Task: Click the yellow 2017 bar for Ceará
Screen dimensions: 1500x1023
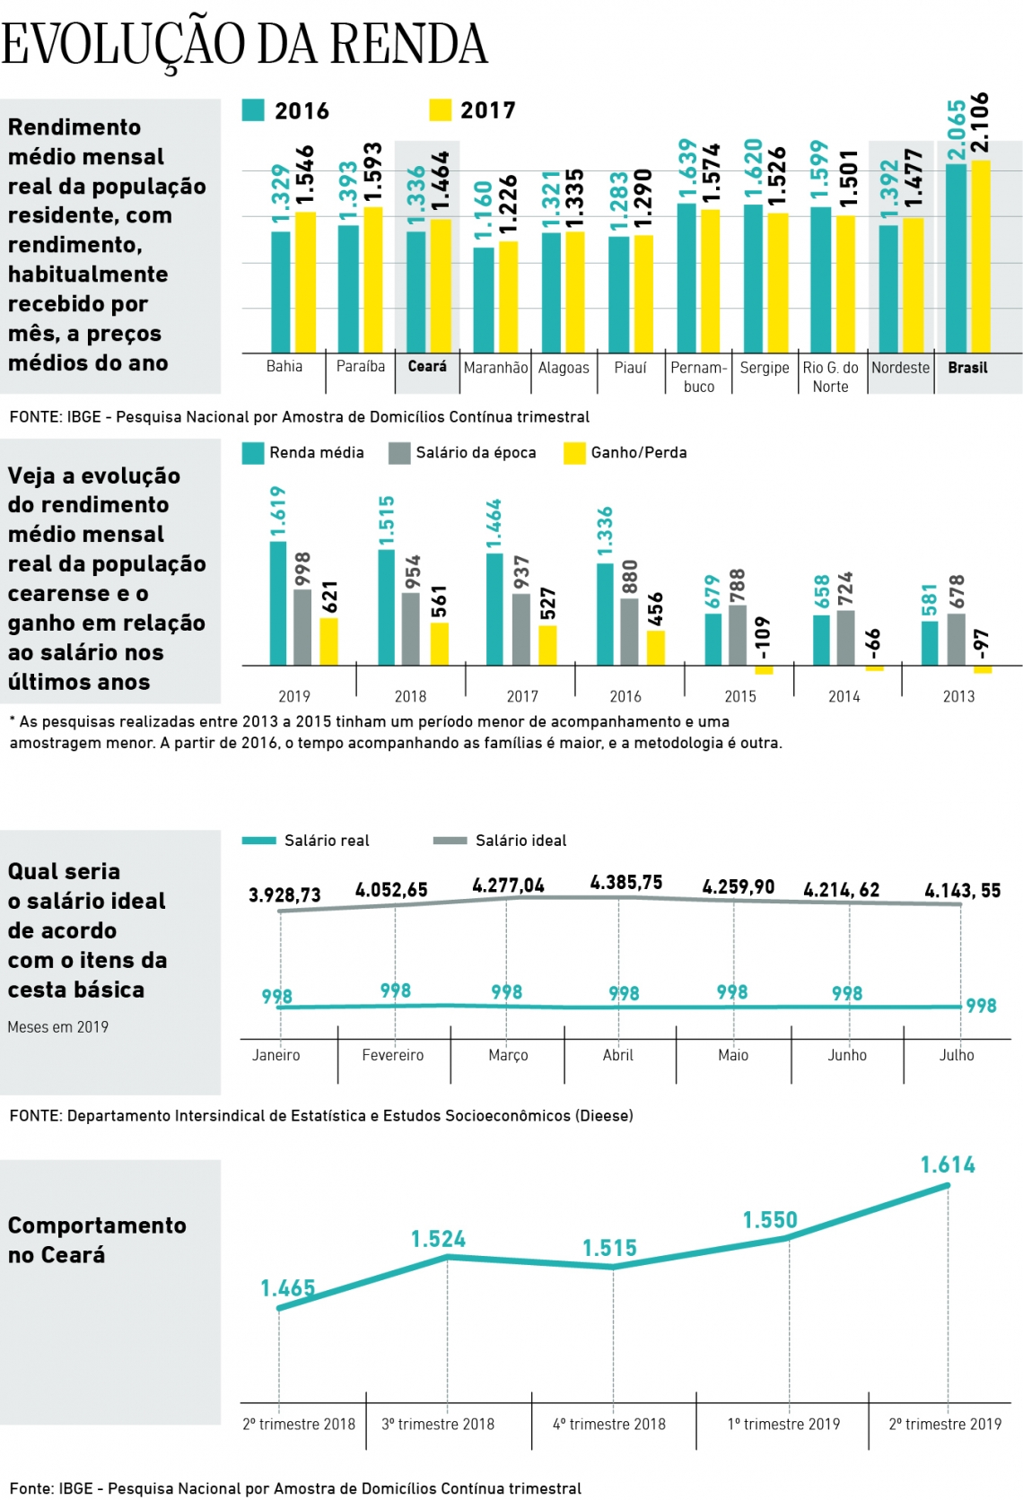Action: coord(440,285)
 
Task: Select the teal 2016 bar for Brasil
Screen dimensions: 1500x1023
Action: coord(956,258)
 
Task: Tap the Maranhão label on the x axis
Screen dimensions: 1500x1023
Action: coord(495,368)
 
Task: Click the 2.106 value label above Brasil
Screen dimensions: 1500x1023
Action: coord(980,123)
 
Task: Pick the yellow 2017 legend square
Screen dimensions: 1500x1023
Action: coord(440,110)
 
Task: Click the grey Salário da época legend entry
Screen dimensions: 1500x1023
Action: coord(463,453)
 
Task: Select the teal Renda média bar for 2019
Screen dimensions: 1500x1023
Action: coord(278,603)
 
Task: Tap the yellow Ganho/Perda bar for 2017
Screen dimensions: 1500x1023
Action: coord(547,645)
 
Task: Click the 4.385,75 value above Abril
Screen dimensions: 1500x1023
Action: coord(625,883)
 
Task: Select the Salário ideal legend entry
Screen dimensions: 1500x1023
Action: coord(500,841)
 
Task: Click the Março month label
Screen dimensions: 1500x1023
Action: coord(508,1055)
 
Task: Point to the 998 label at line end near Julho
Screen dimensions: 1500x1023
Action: coord(981,1006)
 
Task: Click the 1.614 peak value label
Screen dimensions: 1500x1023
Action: coord(948,1165)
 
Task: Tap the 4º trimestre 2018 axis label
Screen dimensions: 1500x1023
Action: coord(609,1424)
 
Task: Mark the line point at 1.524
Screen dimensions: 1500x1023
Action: coord(448,1257)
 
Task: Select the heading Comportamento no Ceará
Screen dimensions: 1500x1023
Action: coord(97,1240)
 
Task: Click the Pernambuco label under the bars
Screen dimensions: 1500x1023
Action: coord(698,377)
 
